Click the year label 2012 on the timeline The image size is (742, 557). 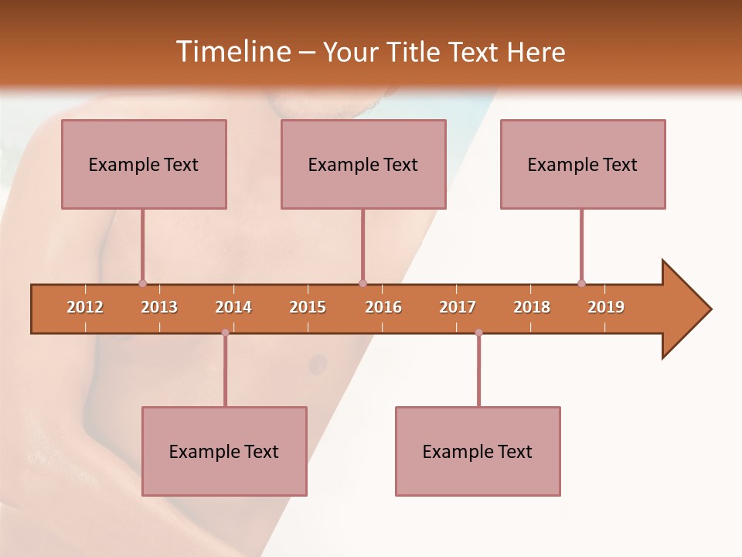tap(85, 307)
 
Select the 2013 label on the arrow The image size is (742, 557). tap(159, 307)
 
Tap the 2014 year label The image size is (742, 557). tap(233, 307)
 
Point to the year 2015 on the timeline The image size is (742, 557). tap(308, 307)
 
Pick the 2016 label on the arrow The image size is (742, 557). tap(383, 307)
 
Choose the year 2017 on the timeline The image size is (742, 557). tap(458, 307)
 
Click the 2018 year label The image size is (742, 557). tap(532, 307)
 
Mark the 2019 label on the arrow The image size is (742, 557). tap(606, 307)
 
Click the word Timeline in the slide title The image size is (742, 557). tap(232, 52)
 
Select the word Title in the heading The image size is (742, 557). tap(414, 52)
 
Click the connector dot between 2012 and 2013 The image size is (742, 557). tap(142, 283)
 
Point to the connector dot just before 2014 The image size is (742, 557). tap(225, 333)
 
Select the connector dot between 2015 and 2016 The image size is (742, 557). tap(362, 283)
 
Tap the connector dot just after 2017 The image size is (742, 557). tap(478, 333)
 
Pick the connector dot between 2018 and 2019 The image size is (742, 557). tap(581, 283)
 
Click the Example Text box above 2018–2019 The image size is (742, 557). tap(583, 164)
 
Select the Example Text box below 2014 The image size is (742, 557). tap(224, 451)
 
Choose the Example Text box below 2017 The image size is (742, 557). tap(478, 451)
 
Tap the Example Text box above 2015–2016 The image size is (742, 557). tap(363, 164)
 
